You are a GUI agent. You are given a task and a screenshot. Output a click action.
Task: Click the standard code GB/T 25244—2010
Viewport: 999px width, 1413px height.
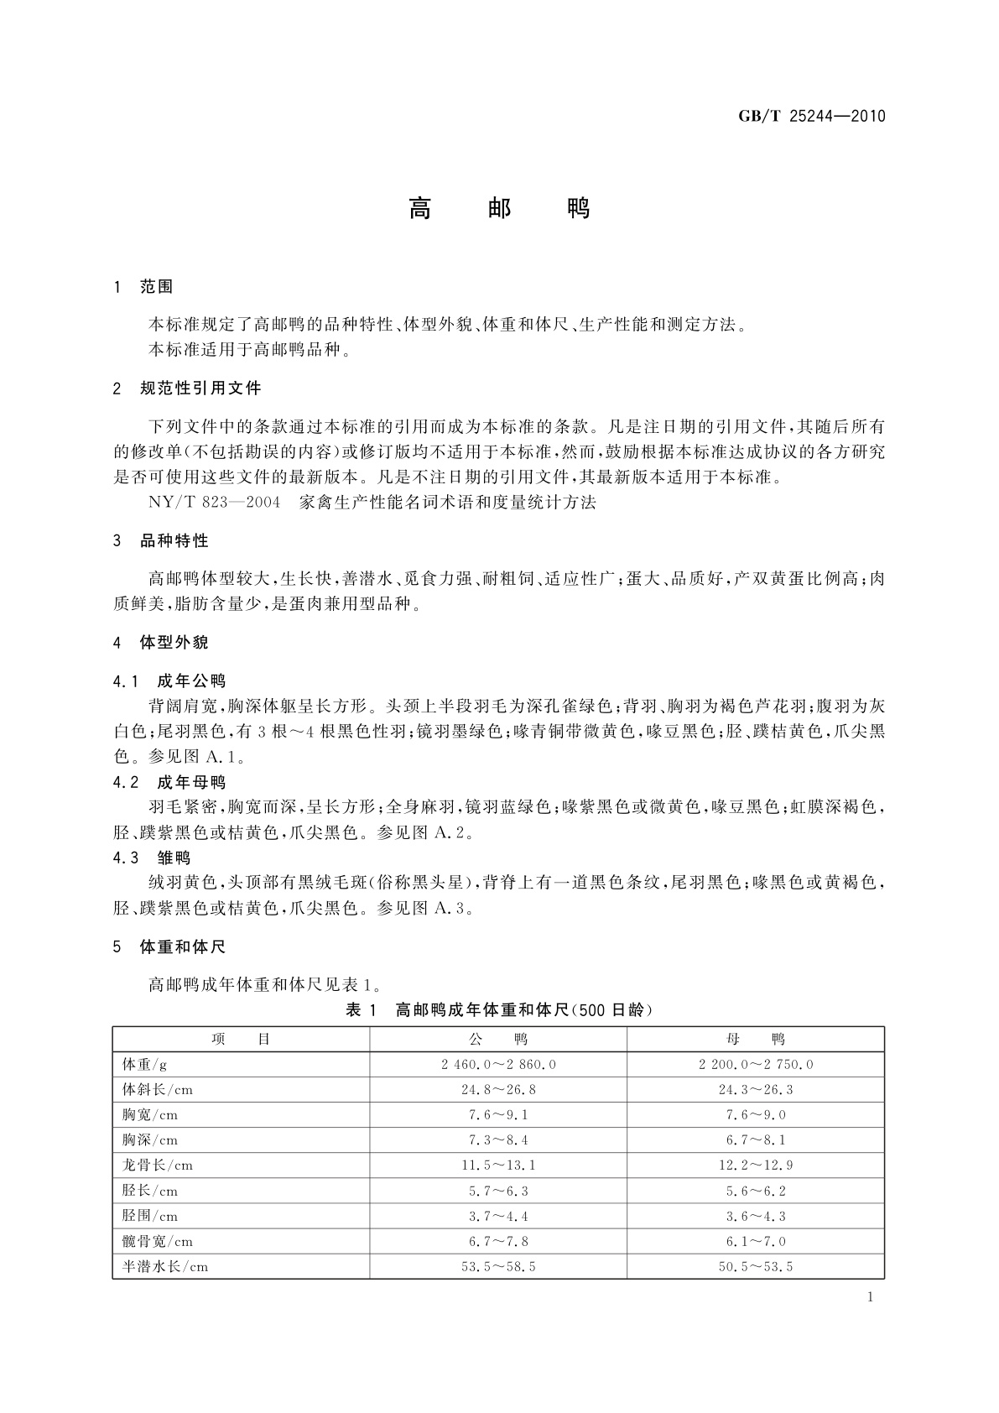[811, 117]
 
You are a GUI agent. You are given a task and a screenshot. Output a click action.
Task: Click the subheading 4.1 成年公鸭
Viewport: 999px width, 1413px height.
[169, 680]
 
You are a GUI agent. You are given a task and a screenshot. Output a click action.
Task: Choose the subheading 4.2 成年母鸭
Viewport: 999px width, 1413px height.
[169, 783]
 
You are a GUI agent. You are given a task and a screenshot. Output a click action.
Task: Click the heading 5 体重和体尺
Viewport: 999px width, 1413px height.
[169, 947]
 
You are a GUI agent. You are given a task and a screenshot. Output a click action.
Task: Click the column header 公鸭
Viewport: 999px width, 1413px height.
[498, 1040]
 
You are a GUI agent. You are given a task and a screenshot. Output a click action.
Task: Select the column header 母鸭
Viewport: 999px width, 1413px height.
[755, 1040]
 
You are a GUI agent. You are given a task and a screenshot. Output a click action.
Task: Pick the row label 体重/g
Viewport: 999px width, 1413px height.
[145, 1065]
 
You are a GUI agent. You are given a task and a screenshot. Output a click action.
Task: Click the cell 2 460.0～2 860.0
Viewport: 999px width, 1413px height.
[498, 1065]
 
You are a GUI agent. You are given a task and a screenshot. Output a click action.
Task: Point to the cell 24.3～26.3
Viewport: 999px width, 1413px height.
[755, 1090]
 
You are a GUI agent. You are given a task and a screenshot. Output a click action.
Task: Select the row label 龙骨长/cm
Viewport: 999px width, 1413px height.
[158, 1165]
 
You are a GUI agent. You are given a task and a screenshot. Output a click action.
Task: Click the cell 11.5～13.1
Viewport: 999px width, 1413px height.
[498, 1165]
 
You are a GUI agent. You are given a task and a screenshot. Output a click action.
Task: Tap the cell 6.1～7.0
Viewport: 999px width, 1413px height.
[755, 1241]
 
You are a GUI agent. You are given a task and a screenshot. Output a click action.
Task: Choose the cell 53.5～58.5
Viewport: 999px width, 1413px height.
[498, 1266]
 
